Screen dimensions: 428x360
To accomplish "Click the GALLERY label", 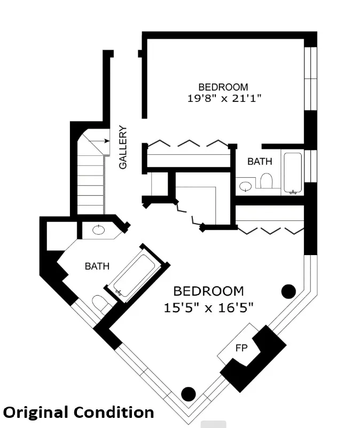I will [123, 147].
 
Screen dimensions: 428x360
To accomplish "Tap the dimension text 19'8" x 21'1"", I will [223, 98].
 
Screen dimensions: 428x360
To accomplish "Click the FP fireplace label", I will [241, 347].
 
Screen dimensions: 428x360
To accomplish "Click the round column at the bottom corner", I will [188, 394].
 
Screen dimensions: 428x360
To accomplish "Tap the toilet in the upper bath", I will [265, 181].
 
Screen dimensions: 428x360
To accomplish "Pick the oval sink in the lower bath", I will [98, 230].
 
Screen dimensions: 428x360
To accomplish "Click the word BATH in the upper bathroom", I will [259, 162].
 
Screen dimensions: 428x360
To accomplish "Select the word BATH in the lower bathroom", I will [97, 266].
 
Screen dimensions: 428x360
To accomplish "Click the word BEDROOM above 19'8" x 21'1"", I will [223, 87].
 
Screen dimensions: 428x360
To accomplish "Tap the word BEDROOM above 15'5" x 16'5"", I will [209, 291].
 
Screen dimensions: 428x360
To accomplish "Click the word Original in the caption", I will [36, 412].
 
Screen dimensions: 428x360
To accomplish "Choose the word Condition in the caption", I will [113, 412].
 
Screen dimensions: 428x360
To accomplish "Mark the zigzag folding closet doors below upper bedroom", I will [187, 143].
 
